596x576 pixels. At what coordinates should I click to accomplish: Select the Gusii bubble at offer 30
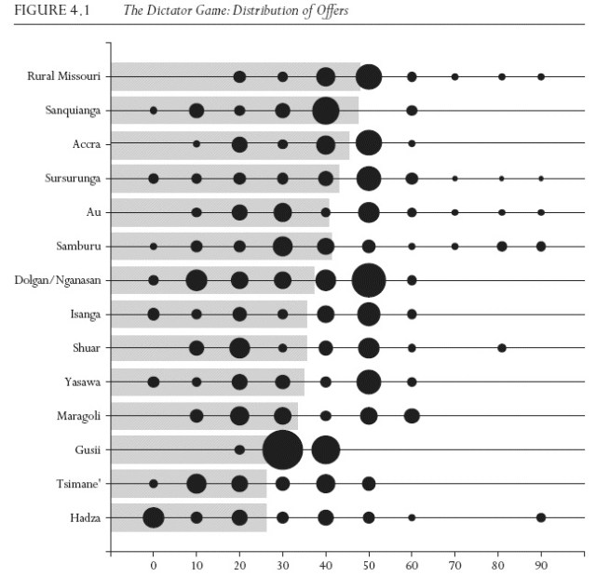tap(282, 449)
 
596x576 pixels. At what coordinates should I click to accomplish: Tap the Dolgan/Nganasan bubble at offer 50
tap(369, 280)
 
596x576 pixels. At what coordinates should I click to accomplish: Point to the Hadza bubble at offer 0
tap(154, 517)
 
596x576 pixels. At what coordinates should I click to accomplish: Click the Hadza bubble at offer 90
tap(541, 517)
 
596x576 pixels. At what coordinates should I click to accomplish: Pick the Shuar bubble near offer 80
tap(502, 348)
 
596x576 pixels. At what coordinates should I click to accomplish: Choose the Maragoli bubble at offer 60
tap(412, 415)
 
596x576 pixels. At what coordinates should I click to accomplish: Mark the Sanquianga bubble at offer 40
tap(325, 111)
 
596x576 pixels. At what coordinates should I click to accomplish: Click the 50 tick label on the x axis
tap(369, 563)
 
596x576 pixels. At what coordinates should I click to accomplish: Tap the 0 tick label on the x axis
tap(154, 563)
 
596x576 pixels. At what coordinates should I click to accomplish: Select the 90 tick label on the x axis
tap(541, 563)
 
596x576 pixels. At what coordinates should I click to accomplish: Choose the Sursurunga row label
tap(74, 178)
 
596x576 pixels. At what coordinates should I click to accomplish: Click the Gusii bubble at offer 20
tap(239, 449)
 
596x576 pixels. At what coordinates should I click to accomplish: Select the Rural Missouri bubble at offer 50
tap(369, 76)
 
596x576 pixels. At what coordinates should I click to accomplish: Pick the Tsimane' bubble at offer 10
tap(196, 483)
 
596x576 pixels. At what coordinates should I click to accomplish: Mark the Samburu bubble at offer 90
tap(541, 246)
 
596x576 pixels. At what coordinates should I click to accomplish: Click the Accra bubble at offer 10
tap(196, 144)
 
